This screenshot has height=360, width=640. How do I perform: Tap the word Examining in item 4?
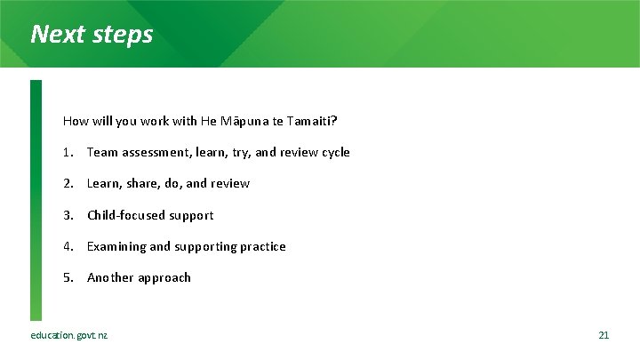pyautogui.click(x=116, y=246)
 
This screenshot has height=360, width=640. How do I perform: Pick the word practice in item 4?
pyautogui.click(x=262, y=246)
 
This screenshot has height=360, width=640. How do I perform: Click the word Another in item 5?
pyautogui.click(x=109, y=277)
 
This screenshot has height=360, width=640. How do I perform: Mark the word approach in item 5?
pyautogui.click(x=164, y=277)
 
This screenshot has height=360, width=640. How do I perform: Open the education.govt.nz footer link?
pyautogui.click(x=68, y=335)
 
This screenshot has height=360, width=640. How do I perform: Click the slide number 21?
pyautogui.click(x=604, y=335)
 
